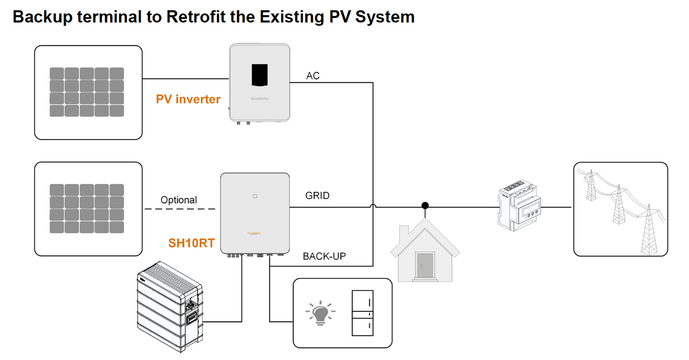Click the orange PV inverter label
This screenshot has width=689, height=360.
pos(188,99)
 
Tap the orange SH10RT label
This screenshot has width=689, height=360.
pos(191,243)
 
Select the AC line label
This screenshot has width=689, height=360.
pos(313,76)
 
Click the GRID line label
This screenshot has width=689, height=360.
pos(317,196)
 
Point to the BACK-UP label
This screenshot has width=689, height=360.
pos(324,256)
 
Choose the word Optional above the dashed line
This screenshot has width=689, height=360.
pos(179,200)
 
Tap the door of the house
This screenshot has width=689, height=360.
pos(425,265)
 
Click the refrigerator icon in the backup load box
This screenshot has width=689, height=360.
pos(362,313)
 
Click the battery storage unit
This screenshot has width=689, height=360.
pos(170,305)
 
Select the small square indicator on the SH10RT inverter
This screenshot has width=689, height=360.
pos(254,196)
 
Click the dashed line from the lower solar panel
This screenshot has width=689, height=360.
pos(180,209)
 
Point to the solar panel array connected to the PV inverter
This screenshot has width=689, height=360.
pos(86,92)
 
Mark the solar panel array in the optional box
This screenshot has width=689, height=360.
pos(86,208)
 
